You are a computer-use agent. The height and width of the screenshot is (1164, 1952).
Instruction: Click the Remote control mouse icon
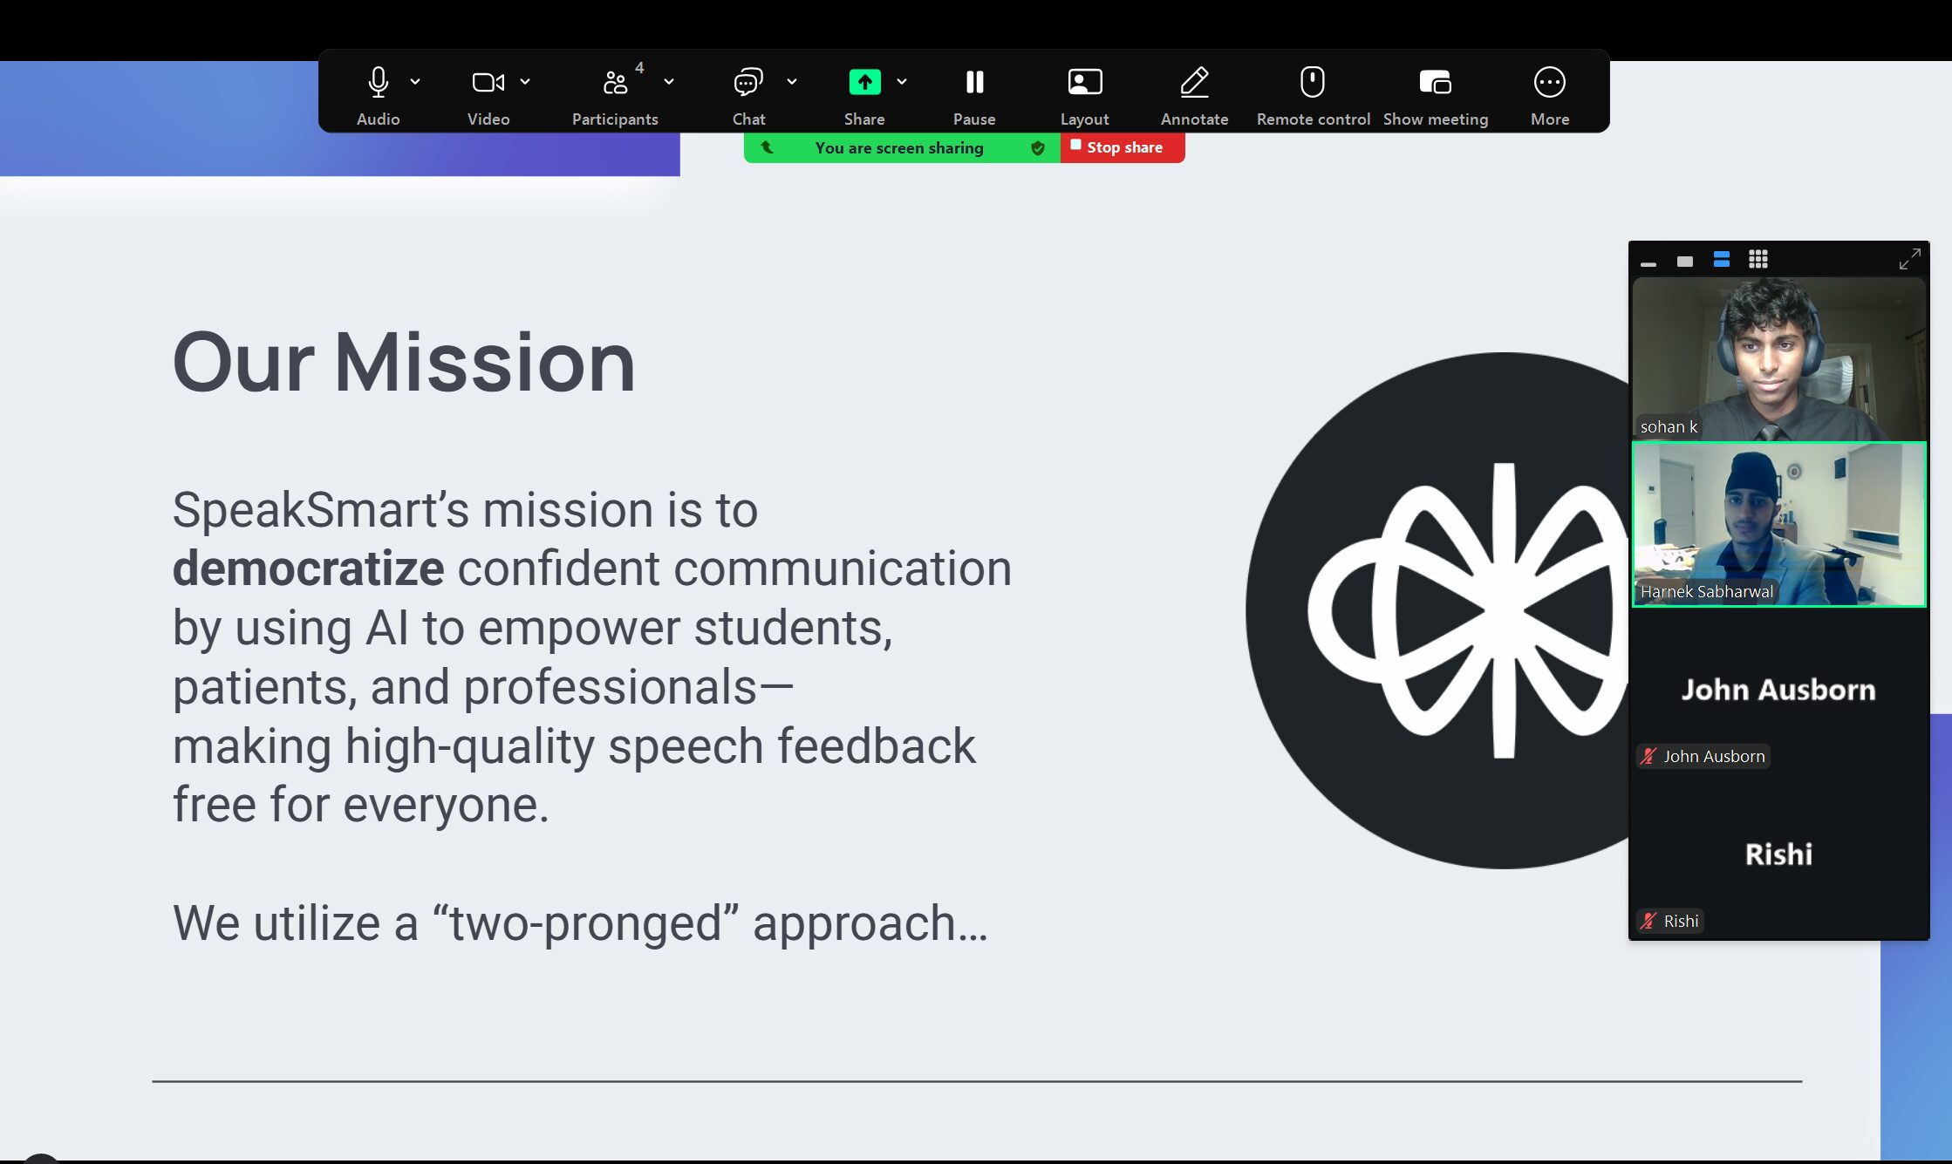pyautogui.click(x=1313, y=82)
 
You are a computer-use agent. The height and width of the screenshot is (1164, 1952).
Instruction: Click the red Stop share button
pyautogui.click(x=1123, y=147)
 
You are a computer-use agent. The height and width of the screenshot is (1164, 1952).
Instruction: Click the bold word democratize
pyautogui.click(x=308, y=568)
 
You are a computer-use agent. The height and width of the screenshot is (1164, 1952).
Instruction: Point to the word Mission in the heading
pyautogui.click(x=485, y=362)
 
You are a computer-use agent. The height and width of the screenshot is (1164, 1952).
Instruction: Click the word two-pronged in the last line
pyautogui.click(x=585, y=922)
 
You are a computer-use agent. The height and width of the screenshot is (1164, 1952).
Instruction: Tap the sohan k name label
pyautogui.click(x=1669, y=426)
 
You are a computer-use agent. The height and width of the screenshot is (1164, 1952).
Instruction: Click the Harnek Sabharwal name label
pyautogui.click(x=1706, y=591)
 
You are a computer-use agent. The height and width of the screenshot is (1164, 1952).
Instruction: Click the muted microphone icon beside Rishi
pyautogui.click(x=1648, y=921)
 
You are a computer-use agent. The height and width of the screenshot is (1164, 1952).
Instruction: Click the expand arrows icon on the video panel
pyautogui.click(x=1909, y=259)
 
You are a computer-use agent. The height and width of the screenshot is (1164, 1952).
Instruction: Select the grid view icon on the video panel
pyautogui.click(x=1758, y=259)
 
